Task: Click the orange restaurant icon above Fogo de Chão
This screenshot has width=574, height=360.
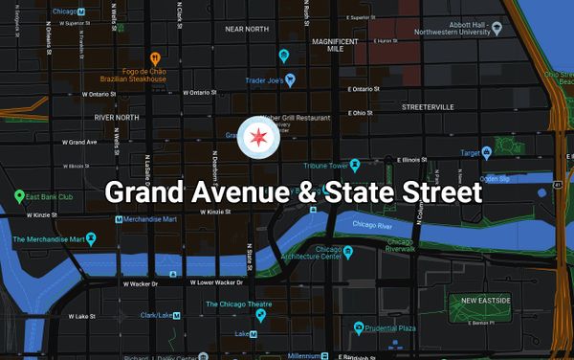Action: [x=153, y=57]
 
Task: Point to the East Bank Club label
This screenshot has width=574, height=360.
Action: [x=51, y=196]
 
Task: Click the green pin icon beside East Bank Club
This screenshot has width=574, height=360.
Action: [x=19, y=196]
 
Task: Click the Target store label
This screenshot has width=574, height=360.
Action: [x=469, y=151]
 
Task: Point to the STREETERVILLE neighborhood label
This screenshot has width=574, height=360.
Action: [x=429, y=106]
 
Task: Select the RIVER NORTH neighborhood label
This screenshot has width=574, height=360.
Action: [x=117, y=117]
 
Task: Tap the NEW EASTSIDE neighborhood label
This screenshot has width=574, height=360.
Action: [x=485, y=301]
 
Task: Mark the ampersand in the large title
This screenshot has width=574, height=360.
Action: [x=307, y=191]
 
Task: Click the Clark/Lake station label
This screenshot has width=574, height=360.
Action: [x=155, y=315]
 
